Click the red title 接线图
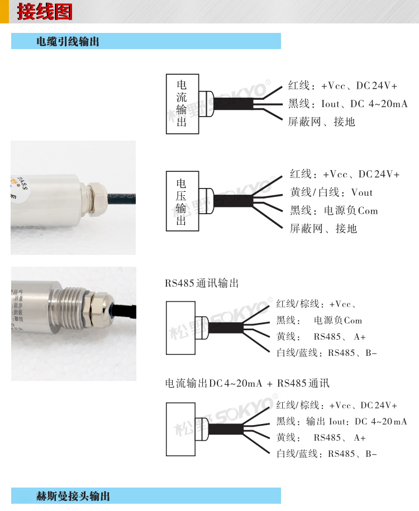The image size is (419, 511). click(45, 12)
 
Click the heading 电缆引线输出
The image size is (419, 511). click(68, 41)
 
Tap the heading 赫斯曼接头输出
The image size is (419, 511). click(73, 496)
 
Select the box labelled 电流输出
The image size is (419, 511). click(183, 104)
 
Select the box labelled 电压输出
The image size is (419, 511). click(183, 201)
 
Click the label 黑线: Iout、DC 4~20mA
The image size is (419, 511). click(348, 104)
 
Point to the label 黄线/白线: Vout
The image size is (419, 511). click(331, 192)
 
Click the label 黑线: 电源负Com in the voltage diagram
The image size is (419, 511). click(334, 210)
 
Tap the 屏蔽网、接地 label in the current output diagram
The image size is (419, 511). click(321, 122)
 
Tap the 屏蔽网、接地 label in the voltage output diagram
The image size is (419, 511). click(323, 229)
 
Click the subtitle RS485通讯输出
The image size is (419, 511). click(202, 283)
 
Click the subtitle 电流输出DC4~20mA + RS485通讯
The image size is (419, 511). click(247, 383)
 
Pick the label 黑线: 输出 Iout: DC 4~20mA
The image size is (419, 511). click(342, 421)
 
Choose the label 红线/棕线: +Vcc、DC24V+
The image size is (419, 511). click(337, 405)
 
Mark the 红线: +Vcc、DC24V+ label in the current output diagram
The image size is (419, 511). click(342, 86)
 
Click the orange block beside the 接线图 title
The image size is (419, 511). click(4, 12)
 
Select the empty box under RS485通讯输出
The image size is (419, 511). click(181, 328)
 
